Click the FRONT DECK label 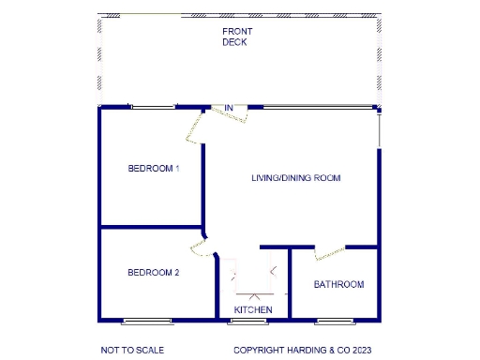[x=237, y=37]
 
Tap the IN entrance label [x=228, y=109]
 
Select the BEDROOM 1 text [x=153, y=169]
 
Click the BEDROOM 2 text [x=153, y=273]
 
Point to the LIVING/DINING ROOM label [x=295, y=177]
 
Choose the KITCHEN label [x=253, y=309]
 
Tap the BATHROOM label [x=338, y=284]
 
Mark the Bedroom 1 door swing [x=195, y=129]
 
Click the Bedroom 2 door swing [x=199, y=249]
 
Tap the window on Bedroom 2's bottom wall [x=147, y=322]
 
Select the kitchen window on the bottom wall [x=247, y=322]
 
